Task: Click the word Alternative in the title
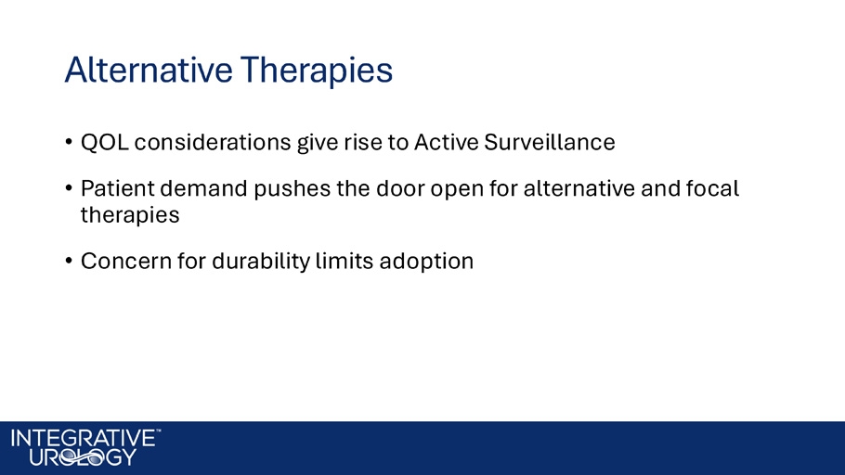149,70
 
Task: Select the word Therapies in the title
317,71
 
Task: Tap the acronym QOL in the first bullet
105,143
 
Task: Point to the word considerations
213,143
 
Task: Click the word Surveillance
550,143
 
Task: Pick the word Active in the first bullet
447,143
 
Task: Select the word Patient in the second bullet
118,188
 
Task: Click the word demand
203,188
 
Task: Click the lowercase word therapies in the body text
130,215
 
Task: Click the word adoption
426,262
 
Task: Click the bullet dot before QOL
69,143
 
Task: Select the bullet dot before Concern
69,262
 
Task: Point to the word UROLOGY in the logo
83,457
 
